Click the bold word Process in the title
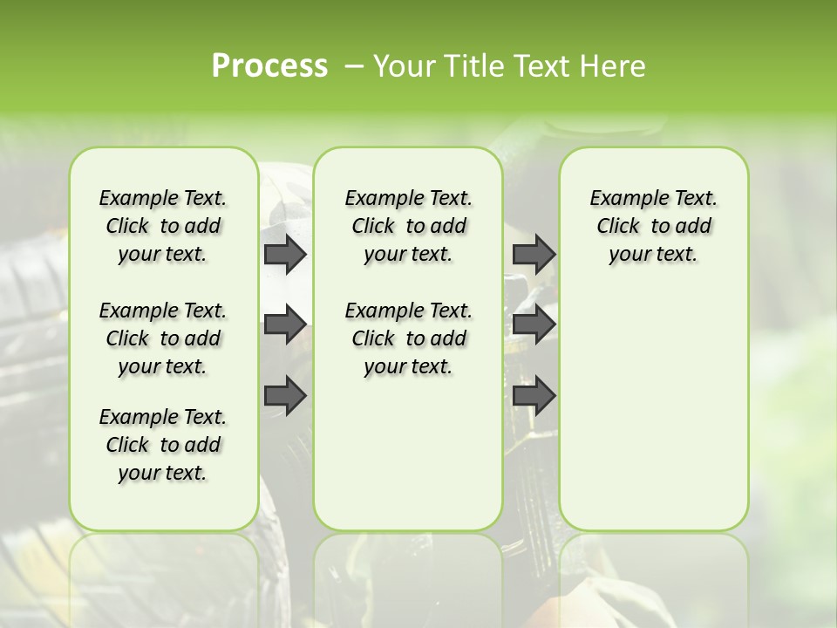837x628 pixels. [269, 66]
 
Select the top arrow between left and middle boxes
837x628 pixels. [285, 254]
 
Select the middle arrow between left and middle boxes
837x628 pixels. [285, 324]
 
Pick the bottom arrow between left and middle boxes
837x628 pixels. [285, 396]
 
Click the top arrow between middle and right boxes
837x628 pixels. [534, 254]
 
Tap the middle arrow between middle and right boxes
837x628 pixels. [534, 324]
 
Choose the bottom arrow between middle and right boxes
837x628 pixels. [534, 396]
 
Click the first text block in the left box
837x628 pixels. [163, 226]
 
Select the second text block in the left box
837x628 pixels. [163, 338]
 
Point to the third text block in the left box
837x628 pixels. [163, 445]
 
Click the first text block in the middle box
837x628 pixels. [408, 226]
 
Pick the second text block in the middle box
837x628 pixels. [408, 338]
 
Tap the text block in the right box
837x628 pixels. [653, 226]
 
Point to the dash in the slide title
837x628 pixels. [354, 66]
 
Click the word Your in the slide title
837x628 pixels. [404, 66]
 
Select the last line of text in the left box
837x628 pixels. [163, 473]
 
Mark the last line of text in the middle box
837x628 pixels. [408, 366]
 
